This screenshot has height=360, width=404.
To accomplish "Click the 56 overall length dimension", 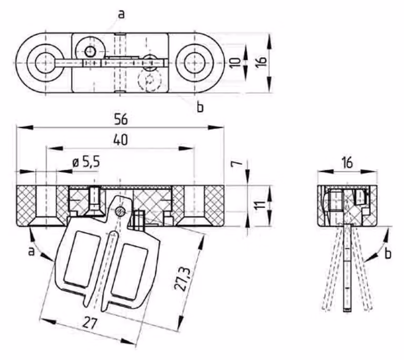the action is point(121,119).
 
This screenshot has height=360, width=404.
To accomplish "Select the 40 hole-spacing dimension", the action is point(120,140).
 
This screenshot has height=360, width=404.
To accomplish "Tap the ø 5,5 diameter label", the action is point(86,162).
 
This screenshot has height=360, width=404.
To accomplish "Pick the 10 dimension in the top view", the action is point(235,63).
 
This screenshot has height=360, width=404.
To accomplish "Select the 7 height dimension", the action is point(237,164).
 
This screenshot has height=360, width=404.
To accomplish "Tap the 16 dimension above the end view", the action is point(347,163).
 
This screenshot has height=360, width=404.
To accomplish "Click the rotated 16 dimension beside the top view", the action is point(261,62).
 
